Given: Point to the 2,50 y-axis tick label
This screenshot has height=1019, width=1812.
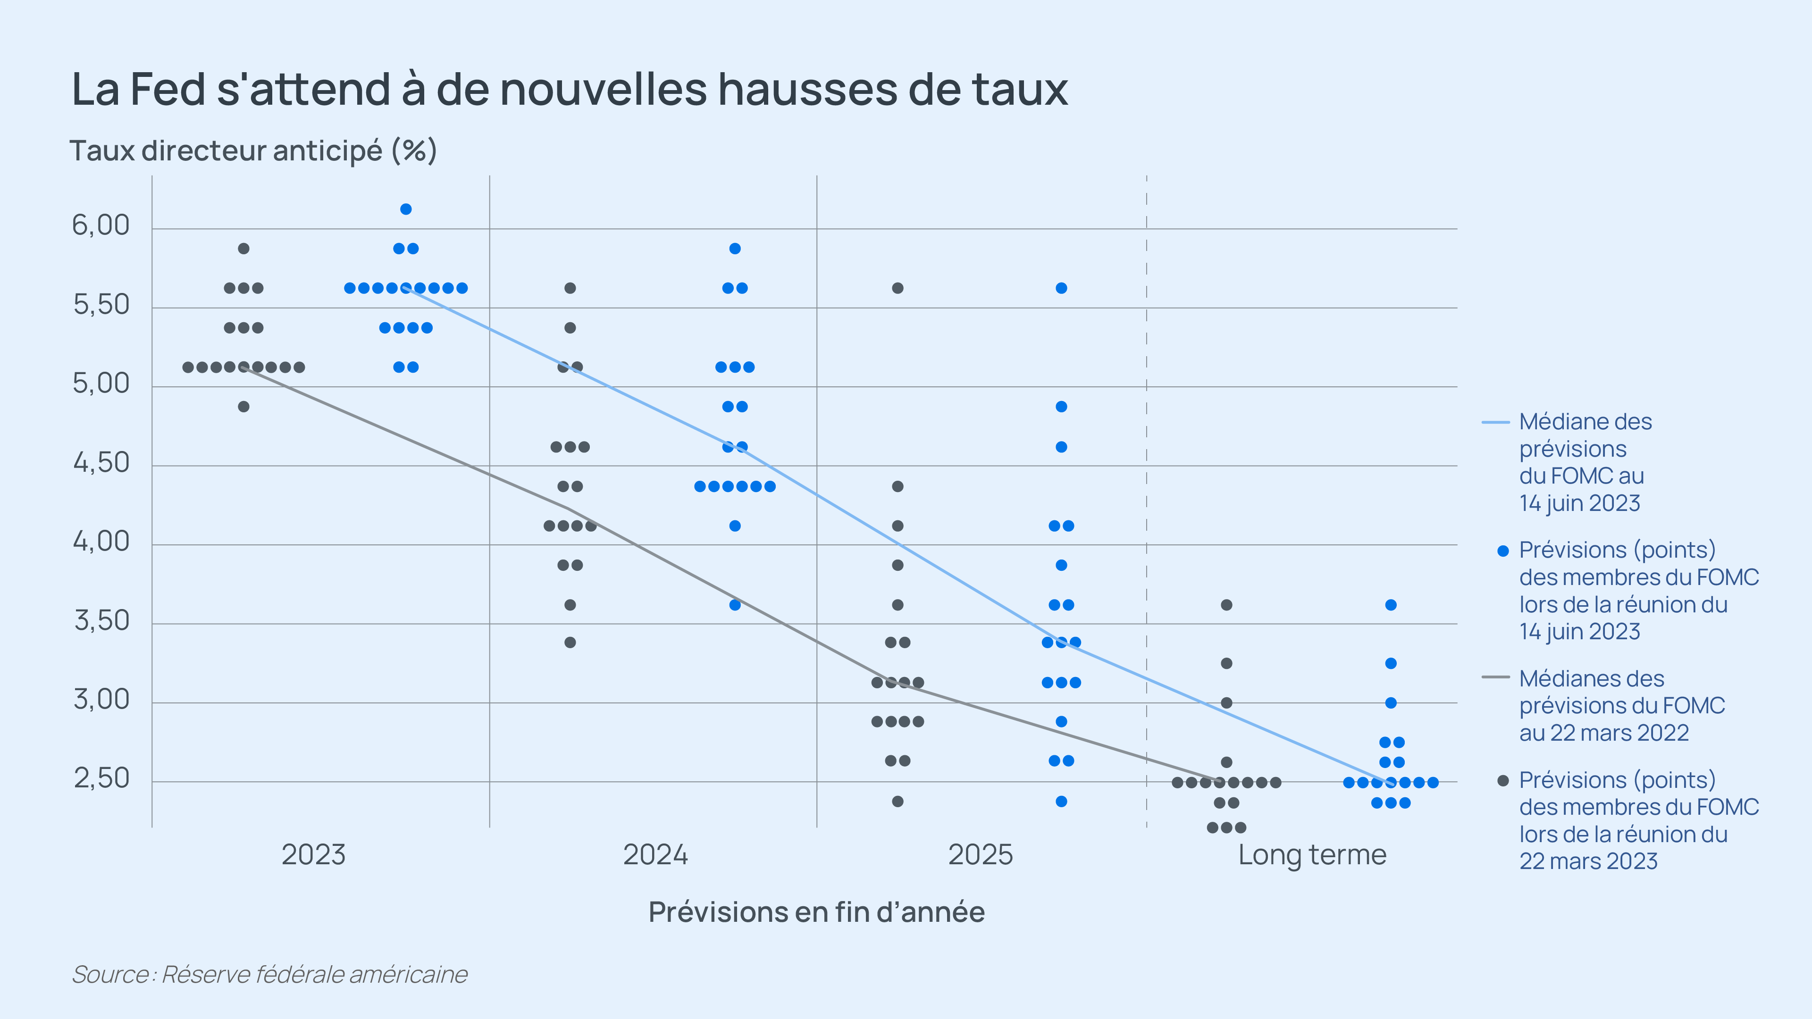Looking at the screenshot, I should click(102, 778).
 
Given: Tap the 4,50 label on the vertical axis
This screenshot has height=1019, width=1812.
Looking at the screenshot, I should click(102, 463).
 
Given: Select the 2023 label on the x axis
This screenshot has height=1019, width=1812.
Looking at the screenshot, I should click(314, 854).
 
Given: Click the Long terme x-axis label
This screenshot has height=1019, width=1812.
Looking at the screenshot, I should click(1312, 854).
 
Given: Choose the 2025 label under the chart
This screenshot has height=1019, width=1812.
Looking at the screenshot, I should click(980, 854).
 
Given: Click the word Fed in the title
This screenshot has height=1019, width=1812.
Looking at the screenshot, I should click(168, 90).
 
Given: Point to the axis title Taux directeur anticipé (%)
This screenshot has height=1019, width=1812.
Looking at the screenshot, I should click(253, 150).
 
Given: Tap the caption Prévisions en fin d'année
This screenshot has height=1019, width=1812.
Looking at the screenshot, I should click(816, 911).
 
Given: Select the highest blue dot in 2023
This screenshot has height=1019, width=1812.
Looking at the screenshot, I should click(406, 209).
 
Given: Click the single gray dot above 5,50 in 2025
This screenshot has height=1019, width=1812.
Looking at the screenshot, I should click(898, 288).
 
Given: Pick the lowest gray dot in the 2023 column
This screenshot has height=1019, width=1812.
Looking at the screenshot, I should click(243, 407).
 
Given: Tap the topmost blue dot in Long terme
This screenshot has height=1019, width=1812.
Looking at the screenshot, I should click(1391, 605).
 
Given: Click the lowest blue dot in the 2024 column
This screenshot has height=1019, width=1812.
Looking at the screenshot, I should click(734, 605).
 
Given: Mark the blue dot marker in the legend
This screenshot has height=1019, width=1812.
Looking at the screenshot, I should click(1503, 551).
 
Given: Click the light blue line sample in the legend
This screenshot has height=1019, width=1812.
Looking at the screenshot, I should click(1495, 422).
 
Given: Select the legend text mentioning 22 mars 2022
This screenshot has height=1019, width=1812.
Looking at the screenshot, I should click(1621, 705).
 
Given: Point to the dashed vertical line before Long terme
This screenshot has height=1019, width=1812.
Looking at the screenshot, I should click(1147, 492).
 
